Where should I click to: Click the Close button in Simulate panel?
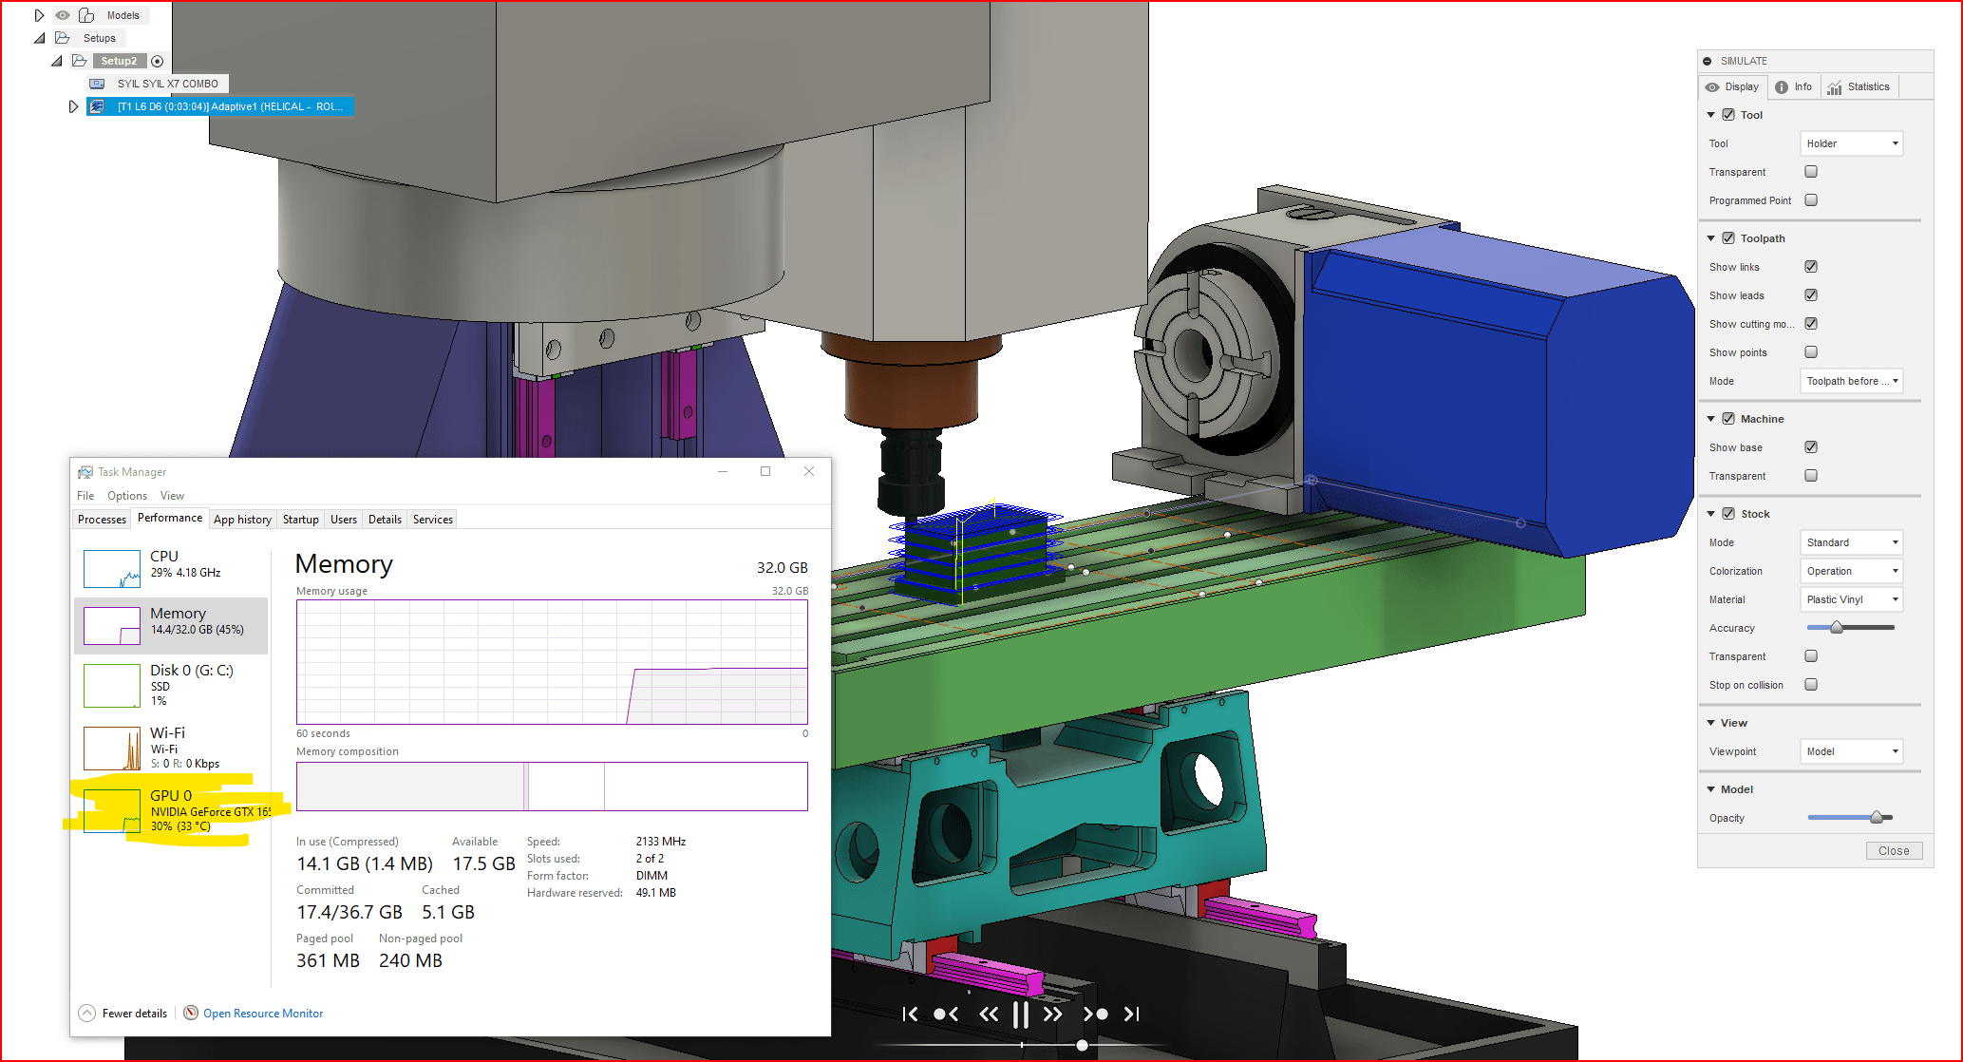[x=1893, y=850]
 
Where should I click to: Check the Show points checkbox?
[x=1810, y=352]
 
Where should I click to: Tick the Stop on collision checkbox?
[x=1810, y=685]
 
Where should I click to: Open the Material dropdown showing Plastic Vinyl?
[x=1851, y=599]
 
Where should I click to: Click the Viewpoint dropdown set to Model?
[x=1851, y=751]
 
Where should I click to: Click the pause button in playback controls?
[x=1020, y=1015]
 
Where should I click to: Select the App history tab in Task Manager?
[x=242, y=520]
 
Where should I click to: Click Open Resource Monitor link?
[x=262, y=1014]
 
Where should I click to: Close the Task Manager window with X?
[x=809, y=471]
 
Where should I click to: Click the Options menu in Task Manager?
[x=126, y=496]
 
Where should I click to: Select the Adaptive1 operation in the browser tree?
[x=228, y=106]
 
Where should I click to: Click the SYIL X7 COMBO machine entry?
[x=167, y=84]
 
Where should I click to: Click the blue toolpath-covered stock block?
[x=973, y=551]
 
